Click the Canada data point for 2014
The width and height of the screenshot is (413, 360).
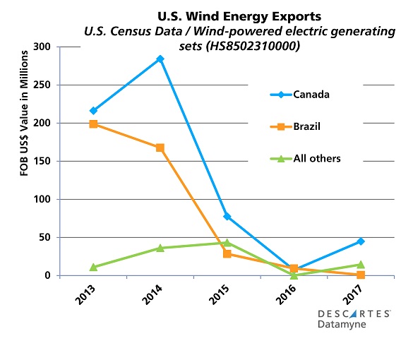(x=160, y=59)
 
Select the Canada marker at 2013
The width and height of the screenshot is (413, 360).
(x=93, y=111)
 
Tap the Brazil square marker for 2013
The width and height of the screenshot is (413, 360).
(x=93, y=124)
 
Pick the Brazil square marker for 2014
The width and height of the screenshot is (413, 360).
(x=160, y=148)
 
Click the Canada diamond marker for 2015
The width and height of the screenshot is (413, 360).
(x=227, y=217)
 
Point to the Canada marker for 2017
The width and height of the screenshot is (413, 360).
(x=361, y=241)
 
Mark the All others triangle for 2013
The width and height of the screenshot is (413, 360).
(x=93, y=267)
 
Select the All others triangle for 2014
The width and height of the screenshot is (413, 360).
(x=160, y=248)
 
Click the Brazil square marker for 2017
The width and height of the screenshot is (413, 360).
(x=361, y=275)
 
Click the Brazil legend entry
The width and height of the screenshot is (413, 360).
(x=300, y=126)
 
